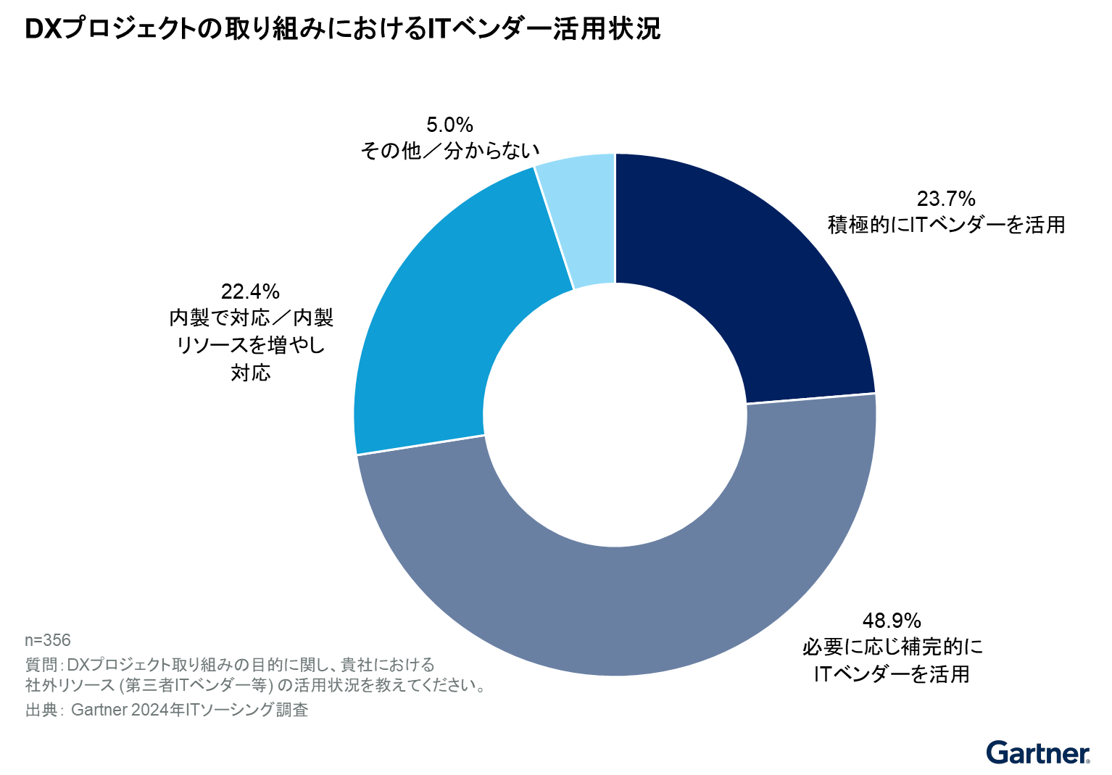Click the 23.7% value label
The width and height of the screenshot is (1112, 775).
[x=946, y=199]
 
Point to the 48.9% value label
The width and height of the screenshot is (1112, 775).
[x=892, y=621]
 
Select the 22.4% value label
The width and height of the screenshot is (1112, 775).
[x=250, y=291]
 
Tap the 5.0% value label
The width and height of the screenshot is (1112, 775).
[x=449, y=125]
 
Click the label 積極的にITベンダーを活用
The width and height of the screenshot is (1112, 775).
[x=946, y=225]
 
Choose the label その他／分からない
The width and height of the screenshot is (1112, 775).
[x=450, y=151]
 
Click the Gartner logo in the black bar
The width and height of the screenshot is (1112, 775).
[x=1037, y=754]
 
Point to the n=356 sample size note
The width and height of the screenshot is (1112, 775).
[x=48, y=640]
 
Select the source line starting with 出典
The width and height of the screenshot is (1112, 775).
[x=167, y=710]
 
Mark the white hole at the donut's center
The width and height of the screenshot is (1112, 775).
[x=615, y=415]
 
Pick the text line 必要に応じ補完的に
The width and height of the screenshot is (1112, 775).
[x=892, y=647]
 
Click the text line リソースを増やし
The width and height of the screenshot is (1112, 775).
[x=251, y=345]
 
